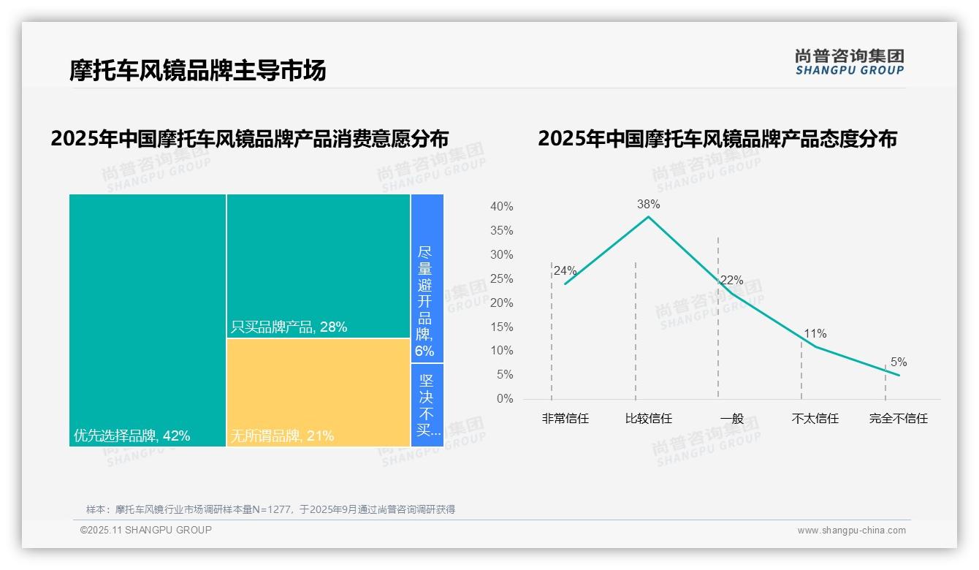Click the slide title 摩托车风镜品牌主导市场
[x=197, y=70]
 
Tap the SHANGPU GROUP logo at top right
[x=849, y=62]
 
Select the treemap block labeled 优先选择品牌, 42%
[x=148, y=319]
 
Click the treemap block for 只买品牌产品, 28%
[x=319, y=266]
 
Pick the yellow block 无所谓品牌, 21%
[x=319, y=392]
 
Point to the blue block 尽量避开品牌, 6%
[x=427, y=278]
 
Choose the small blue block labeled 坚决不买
[x=427, y=405]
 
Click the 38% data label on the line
[x=648, y=205]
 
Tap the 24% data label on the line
[x=565, y=271]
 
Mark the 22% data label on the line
[x=731, y=281]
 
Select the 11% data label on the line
[x=815, y=334]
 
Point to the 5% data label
[x=899, y=362]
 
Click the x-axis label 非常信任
[x=565, y=419]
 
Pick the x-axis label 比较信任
[x=648, y=419]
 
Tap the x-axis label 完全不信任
[x=898, y=419]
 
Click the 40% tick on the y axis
[x=501, y=207]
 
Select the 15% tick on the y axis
[x=501, y=327]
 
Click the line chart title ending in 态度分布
[x=717, y=139]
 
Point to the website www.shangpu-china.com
[x=851, y=531]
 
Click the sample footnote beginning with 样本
[x=270, y=509]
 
